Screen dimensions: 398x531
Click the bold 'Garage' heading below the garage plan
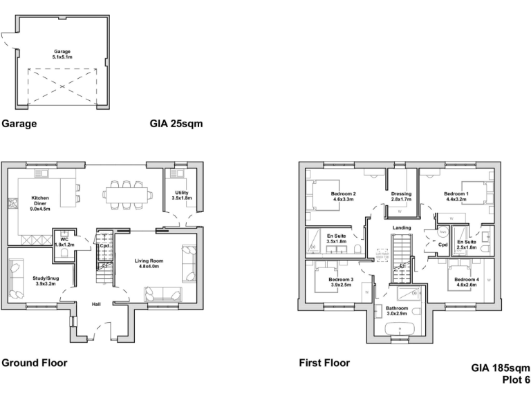point(19,125)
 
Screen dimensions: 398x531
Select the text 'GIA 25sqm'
point(176,125)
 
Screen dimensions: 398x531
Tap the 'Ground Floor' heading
point(34,362)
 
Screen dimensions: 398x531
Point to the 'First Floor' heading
point(324,362)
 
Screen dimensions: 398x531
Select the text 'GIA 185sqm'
point(501,368)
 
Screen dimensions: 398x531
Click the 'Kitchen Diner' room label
point(40,201)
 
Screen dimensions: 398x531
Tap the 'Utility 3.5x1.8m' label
point(181,196)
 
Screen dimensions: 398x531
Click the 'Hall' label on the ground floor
point(97,303)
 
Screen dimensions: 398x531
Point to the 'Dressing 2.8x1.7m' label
point(401,197)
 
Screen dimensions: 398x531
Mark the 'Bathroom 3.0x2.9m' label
point(397,311)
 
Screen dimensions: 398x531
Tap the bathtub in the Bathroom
point(399,328)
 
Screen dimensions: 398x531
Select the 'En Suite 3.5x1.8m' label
point(335,238)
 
